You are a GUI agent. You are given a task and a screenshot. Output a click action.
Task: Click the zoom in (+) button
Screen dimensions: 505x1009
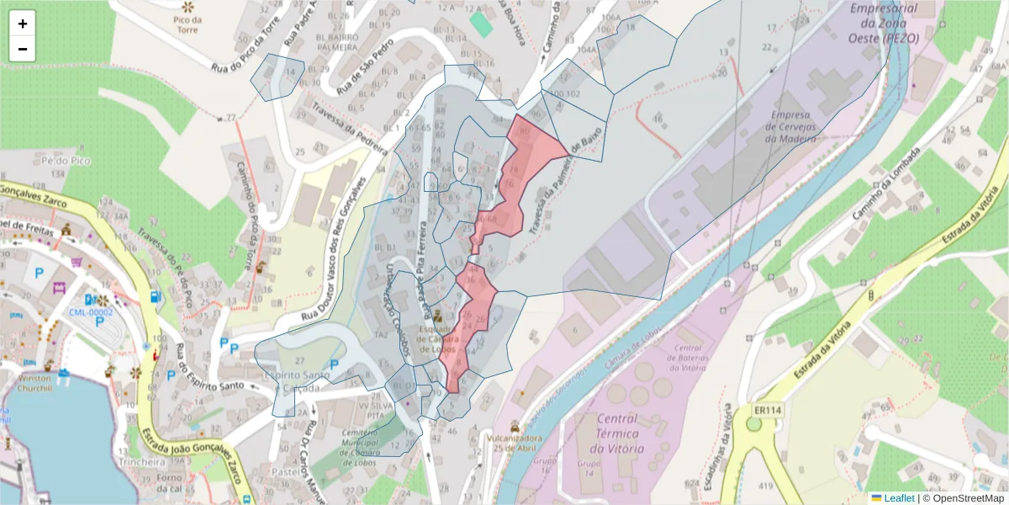(23, 24)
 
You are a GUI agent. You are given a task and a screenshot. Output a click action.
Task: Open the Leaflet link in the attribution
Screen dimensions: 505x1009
(899, 498)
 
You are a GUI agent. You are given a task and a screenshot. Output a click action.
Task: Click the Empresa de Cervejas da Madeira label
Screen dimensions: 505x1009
(788, 126)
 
